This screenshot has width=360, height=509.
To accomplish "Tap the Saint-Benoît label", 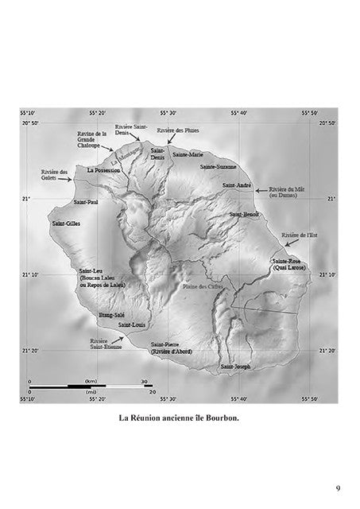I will pos(245,215).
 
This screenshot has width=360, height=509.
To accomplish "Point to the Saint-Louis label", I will pos(131,324).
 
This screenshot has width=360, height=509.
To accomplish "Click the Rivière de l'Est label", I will pos(299,235).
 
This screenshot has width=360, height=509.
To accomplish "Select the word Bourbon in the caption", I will pos(220,418).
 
